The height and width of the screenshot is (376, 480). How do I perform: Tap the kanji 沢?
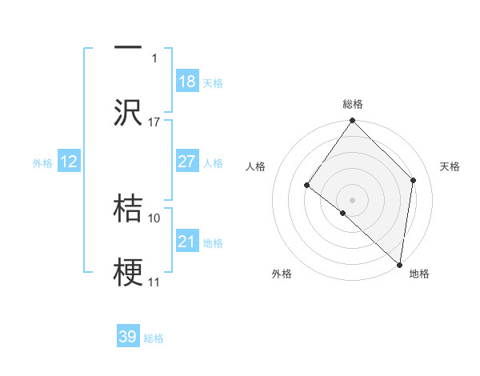click(x=128, y=112)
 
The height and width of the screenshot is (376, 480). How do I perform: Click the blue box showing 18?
click(x=187, y=82)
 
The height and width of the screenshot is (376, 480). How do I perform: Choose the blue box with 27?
click(x=187, y=162)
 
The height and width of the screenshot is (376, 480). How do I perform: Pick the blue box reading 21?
click(x=187, y=242)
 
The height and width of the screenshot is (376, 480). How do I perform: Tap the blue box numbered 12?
click(x=69, y=162)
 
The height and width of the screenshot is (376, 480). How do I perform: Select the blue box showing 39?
click(x=128, y=337)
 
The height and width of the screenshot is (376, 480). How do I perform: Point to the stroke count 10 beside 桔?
click(x=154, y=218)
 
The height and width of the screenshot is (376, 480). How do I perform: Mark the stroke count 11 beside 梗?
click(x=154, y=282)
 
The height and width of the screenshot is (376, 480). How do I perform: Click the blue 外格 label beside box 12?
click(x=42, y=162)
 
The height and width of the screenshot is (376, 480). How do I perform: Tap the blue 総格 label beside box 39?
click(x=154, y=338)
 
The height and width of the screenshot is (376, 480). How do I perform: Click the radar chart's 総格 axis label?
click(x=353, y=104)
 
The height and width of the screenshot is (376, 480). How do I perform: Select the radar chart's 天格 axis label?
click(x=450, y=166)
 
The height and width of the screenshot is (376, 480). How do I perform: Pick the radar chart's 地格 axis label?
click(x=419, y=274)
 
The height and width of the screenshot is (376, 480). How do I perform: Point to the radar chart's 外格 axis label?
click(x=282, y=274)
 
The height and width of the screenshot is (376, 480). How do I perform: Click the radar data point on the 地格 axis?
click(x=399, y=264)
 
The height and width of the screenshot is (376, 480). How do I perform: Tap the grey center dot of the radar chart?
click(x=353, y=199)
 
